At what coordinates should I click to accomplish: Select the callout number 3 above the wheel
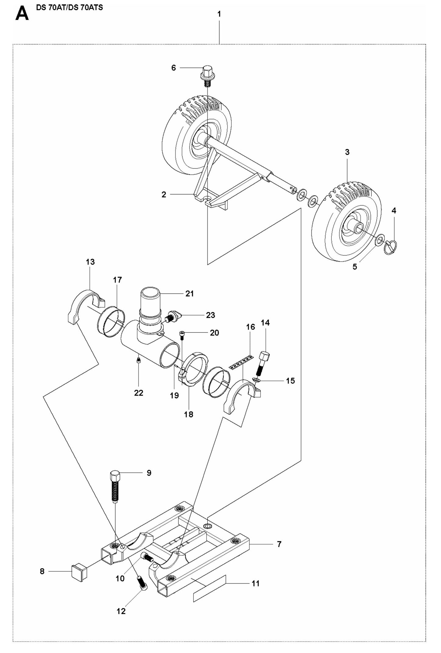(347, 152)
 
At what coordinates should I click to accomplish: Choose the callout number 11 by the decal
(255, 583)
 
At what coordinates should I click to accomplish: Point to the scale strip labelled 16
(241, 362)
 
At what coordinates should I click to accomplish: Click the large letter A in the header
(22, 14)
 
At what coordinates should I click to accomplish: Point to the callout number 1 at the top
(219, 14)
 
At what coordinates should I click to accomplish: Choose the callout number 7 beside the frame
(279, 544)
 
